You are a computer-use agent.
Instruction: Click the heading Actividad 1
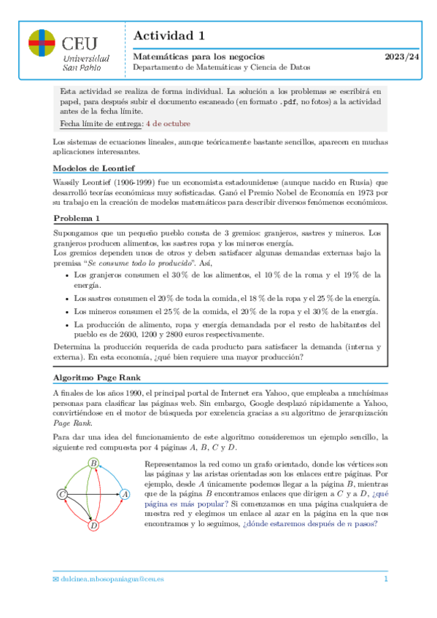(169, 36)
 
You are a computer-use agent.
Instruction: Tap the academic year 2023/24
(402, 56)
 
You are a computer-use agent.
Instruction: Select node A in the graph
(125, 493)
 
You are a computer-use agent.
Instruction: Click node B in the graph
(93, 463)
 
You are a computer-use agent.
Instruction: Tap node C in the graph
(63, 494)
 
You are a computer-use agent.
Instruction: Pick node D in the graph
(93, 525)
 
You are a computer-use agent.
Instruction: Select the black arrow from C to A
(93, 494)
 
